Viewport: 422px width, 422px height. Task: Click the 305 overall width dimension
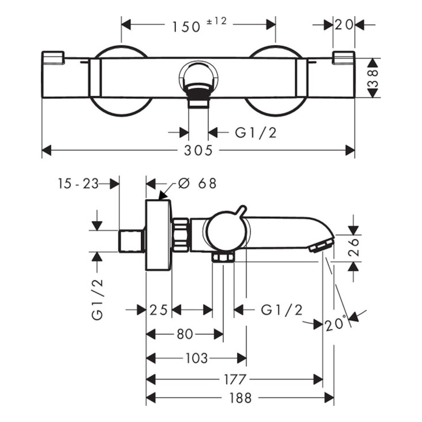click(x=198, y=151)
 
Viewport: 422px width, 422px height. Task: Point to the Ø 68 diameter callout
click(x=197, y=184)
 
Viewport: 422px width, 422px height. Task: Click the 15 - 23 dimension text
click(x=78, y=184)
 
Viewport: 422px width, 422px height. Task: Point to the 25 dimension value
click(x=158, y=310)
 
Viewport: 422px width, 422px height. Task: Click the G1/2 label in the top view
click(x=255, y=132)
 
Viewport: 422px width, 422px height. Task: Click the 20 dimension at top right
click(x=344, y=24)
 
